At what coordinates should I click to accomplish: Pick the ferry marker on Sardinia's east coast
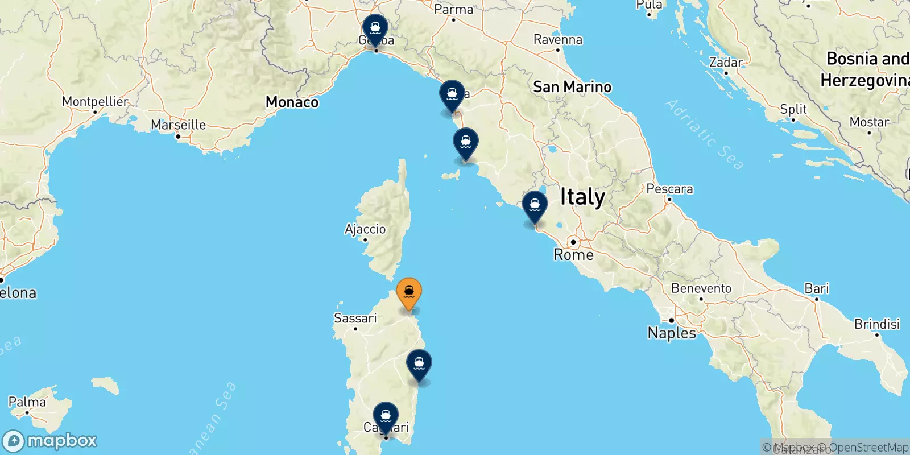point(419,364)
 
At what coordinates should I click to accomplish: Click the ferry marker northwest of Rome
point(535,206)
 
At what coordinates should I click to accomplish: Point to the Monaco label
point(292,102)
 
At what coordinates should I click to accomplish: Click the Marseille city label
point(178,125)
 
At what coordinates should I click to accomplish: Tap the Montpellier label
point(95,102)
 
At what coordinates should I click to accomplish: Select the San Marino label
point(572,87)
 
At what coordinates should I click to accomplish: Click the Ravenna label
point(557,40)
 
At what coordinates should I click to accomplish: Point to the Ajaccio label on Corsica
point(365,229)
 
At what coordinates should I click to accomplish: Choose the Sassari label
point(355,318)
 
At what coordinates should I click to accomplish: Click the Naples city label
point(672,333)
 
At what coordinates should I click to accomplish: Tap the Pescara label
point(669,189)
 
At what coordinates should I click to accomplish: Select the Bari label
point(817,288)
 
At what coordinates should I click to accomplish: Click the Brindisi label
point(876,324)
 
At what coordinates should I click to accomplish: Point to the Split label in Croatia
point(793,109)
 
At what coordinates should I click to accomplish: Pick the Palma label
point(27,402)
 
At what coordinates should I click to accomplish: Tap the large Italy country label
point(582,197)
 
